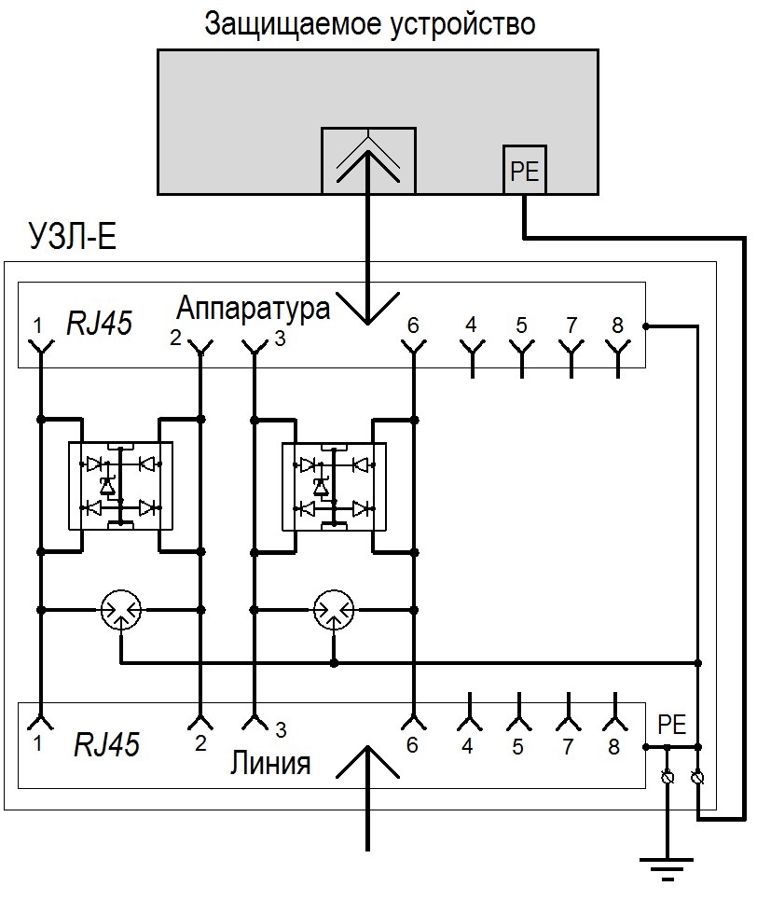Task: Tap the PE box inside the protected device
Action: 525,171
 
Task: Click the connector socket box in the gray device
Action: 368,160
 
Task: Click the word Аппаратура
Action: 254,309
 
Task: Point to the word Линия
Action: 269,765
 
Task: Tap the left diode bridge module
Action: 121,485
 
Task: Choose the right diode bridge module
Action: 333,485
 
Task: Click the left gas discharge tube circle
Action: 121,610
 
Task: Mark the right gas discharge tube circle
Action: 335,610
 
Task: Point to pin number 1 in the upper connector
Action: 37,325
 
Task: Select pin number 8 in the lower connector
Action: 612,746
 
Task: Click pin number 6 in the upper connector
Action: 412,325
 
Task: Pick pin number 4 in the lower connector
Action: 467,746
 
